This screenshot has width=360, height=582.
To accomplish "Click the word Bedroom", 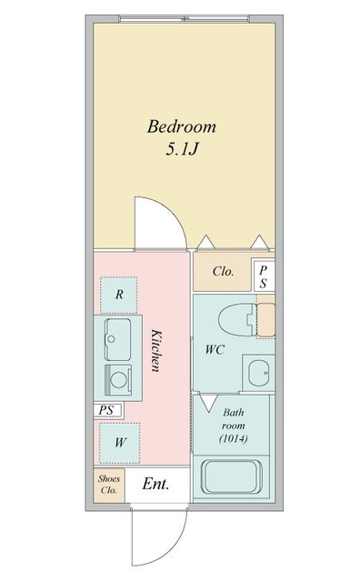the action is tap(182, 126).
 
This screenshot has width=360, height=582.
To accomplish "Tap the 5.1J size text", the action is tap(182, 149).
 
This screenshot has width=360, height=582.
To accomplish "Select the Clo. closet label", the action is tap(223, 271).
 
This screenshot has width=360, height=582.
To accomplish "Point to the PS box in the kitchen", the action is tap(106, 410).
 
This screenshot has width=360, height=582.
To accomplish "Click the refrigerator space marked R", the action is tap(119, 295).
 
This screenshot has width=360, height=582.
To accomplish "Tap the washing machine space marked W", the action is tap(119, 443).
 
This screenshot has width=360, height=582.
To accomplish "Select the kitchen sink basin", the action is tap(117, 339).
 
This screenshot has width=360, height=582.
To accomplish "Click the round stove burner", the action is tap(119, 380).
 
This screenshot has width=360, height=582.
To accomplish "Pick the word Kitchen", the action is tap(156, 350).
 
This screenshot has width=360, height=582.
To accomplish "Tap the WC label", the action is tap(215, 349).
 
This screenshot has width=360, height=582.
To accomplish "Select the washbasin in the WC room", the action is tap(258, 373).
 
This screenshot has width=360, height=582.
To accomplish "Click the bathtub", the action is tap(232, 477).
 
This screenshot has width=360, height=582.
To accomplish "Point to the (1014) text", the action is tap(234, 438).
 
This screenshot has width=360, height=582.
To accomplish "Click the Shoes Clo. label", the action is tap(109, 484).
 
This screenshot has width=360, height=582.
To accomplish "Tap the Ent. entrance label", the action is tap(155, 484).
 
